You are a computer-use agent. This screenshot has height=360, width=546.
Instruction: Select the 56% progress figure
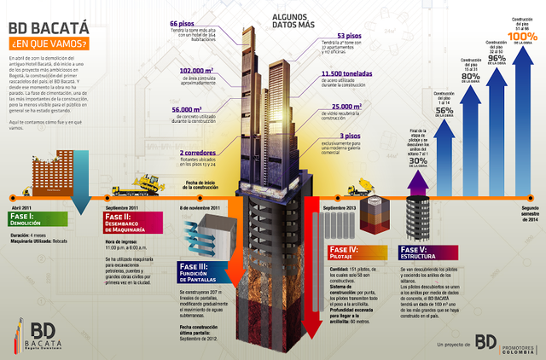click(444, 109)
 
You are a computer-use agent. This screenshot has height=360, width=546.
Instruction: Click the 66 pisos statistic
click(185, 23)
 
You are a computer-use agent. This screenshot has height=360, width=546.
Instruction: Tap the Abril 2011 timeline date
click(23, 207)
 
